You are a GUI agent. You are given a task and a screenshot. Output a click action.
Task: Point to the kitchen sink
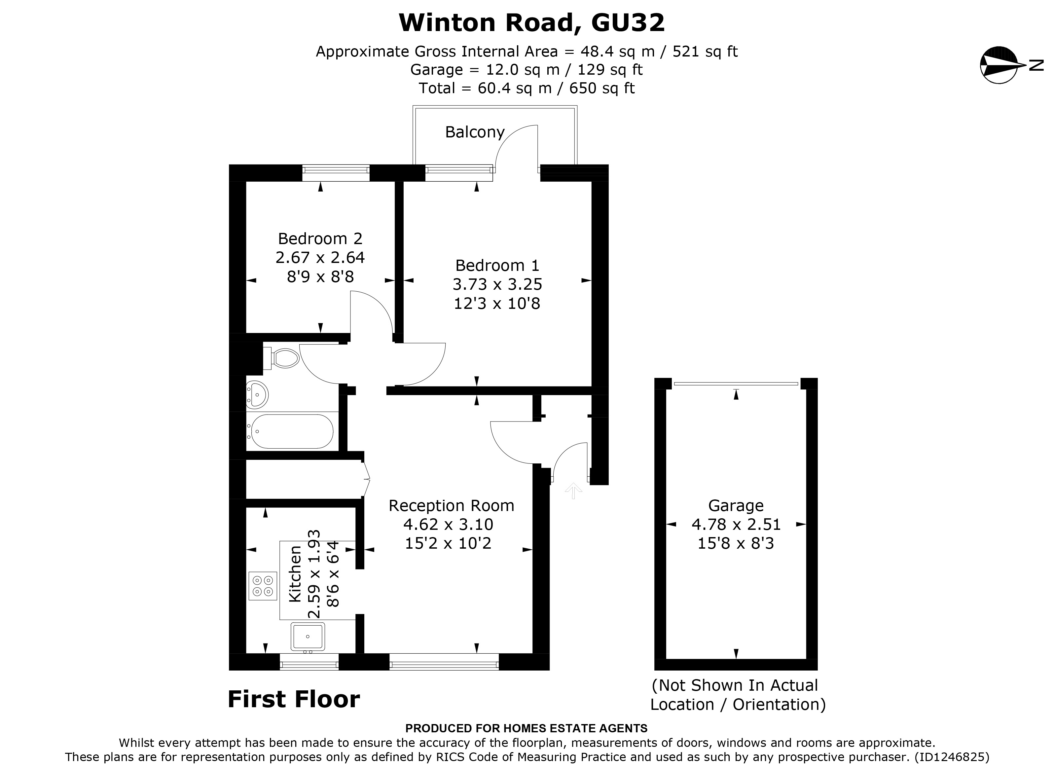point(308,636)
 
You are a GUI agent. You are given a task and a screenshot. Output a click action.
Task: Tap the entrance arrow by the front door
point(573,491)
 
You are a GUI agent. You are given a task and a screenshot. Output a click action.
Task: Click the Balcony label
point(475,132)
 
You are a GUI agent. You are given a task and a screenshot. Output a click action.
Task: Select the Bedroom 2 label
point(320,238)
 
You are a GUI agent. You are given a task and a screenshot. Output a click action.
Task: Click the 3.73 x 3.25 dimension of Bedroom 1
point(497,284)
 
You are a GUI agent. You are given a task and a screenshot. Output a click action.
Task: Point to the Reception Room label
point(451,505)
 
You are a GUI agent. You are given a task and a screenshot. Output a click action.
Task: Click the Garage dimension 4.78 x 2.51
point(735,524)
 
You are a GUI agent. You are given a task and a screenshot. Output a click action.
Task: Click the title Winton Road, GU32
point(532,22)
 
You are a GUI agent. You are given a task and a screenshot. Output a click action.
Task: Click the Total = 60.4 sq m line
point(527,88)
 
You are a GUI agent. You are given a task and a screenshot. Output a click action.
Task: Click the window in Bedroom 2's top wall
point(336,173)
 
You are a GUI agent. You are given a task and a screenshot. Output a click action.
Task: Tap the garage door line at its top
point(735,383)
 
